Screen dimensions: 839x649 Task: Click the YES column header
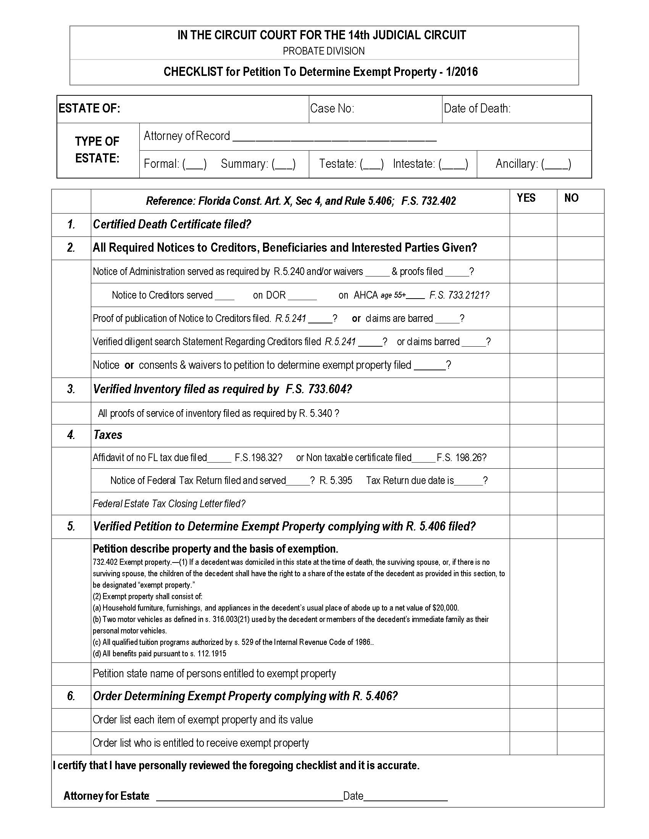[x=526, y=198]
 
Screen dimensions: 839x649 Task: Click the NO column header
[x=571, y=198]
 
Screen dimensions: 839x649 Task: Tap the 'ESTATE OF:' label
[x=89, y=108]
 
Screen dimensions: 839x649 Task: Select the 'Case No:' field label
[x=332, y=108]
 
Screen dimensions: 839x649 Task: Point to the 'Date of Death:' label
[x=477, y=108]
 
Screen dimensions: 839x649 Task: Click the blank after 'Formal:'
[x=195, y=164]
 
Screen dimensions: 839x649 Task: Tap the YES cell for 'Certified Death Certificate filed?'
[x=533, y=225]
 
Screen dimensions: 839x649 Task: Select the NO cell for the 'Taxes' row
[x=580, y=435]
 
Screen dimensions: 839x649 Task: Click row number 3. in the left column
[x=71, y=389]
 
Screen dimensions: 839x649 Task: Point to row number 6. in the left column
[x=71, y=696]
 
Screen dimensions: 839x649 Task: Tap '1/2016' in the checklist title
[x=462, y=72]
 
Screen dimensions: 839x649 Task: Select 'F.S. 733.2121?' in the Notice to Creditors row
[x=459, y=295]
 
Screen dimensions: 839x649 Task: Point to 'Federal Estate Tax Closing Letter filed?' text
[x=169, y=504]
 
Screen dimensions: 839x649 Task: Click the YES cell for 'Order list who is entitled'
[x=533, y=743]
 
